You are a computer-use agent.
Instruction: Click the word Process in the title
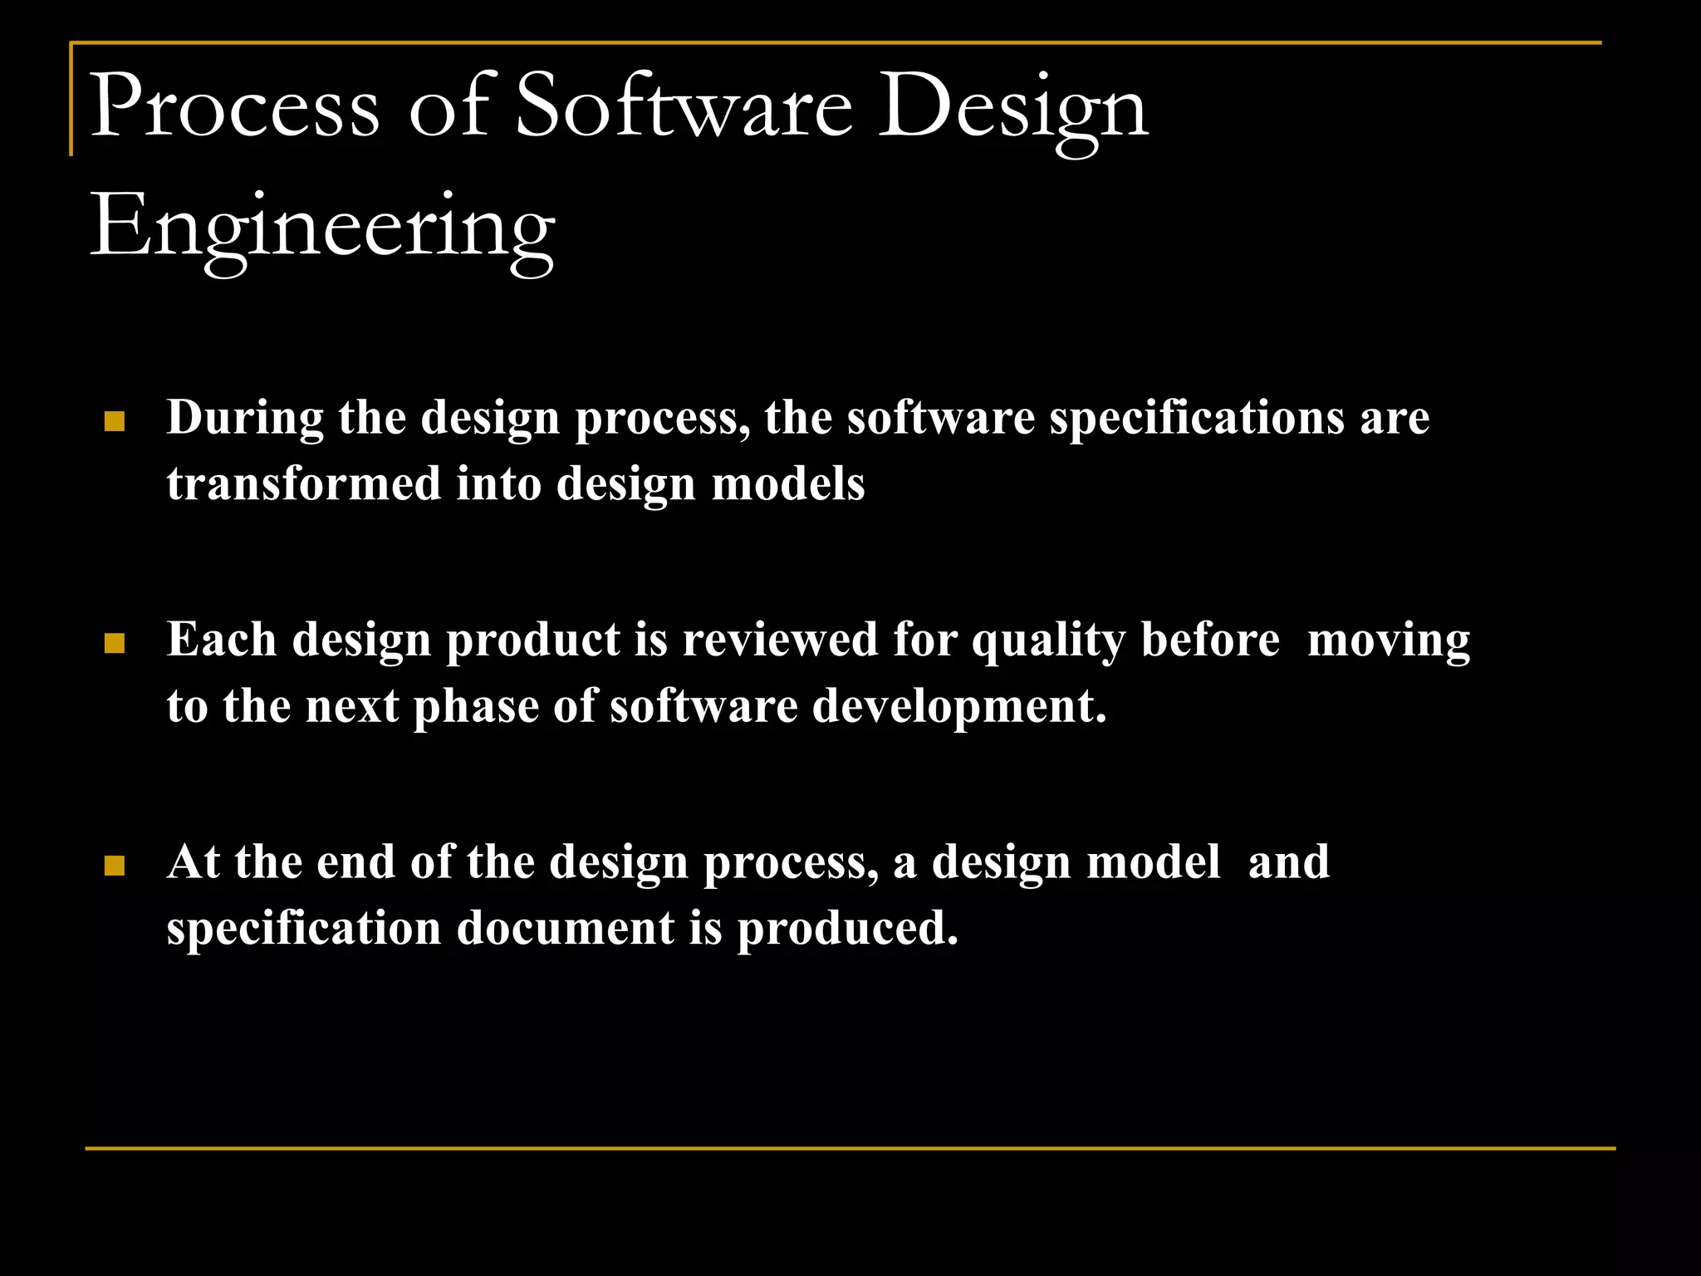234,106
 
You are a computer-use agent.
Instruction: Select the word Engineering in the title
322,228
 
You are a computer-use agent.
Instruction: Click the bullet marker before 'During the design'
115,422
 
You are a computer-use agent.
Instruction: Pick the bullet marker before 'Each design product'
115,644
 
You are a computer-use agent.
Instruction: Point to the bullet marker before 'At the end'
115,866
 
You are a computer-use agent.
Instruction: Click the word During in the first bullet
245,417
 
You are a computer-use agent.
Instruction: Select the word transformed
304,483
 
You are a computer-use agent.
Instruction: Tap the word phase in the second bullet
476,707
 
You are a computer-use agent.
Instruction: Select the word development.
959,707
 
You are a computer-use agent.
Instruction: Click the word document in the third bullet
565,928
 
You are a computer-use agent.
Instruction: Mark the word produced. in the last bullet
848,929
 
